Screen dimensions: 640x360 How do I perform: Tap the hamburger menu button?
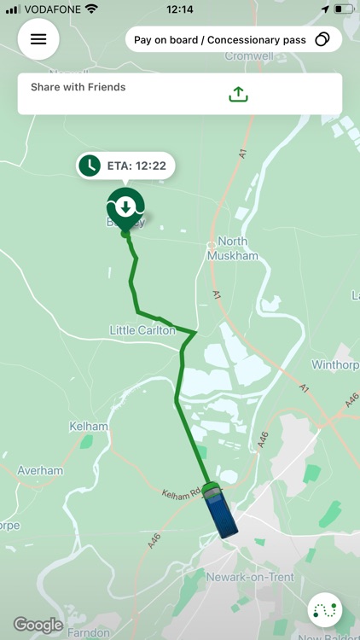(38, 39)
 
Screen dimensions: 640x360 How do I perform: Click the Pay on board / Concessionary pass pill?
(233, 39)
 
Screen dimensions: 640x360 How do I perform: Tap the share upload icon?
(238, 94)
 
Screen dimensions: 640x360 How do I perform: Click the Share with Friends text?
(78, 87)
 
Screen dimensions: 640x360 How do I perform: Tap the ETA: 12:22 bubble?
(125, 166)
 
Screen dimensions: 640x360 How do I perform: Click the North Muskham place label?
(232, 247)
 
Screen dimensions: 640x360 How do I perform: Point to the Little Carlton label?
(142, 329)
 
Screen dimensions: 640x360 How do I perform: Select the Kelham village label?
(90, 427)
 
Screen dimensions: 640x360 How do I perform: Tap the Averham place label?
(40, 470)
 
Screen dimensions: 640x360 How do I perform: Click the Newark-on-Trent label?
(250, 578)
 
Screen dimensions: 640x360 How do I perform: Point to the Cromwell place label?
(248, 56)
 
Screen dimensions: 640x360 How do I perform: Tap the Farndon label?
(89, 632)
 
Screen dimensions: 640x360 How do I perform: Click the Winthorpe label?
(335, 365)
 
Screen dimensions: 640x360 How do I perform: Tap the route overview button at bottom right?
(326, 610)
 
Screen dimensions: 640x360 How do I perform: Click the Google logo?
(38, 625)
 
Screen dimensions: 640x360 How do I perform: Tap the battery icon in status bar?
(342, 9)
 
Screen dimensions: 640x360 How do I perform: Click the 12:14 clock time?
(180, 9)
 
